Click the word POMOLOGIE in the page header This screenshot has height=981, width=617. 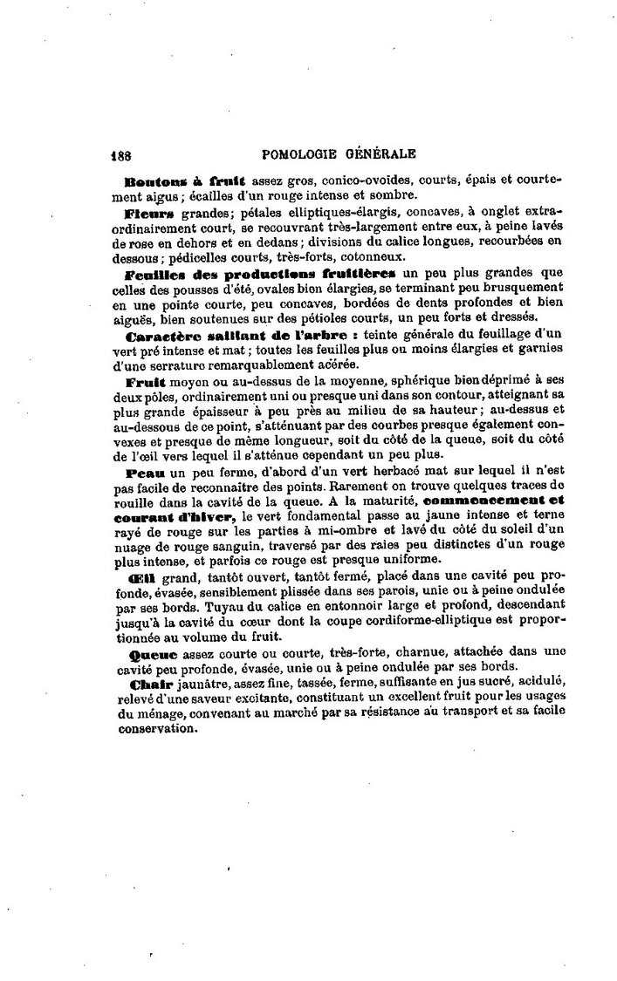302,153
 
